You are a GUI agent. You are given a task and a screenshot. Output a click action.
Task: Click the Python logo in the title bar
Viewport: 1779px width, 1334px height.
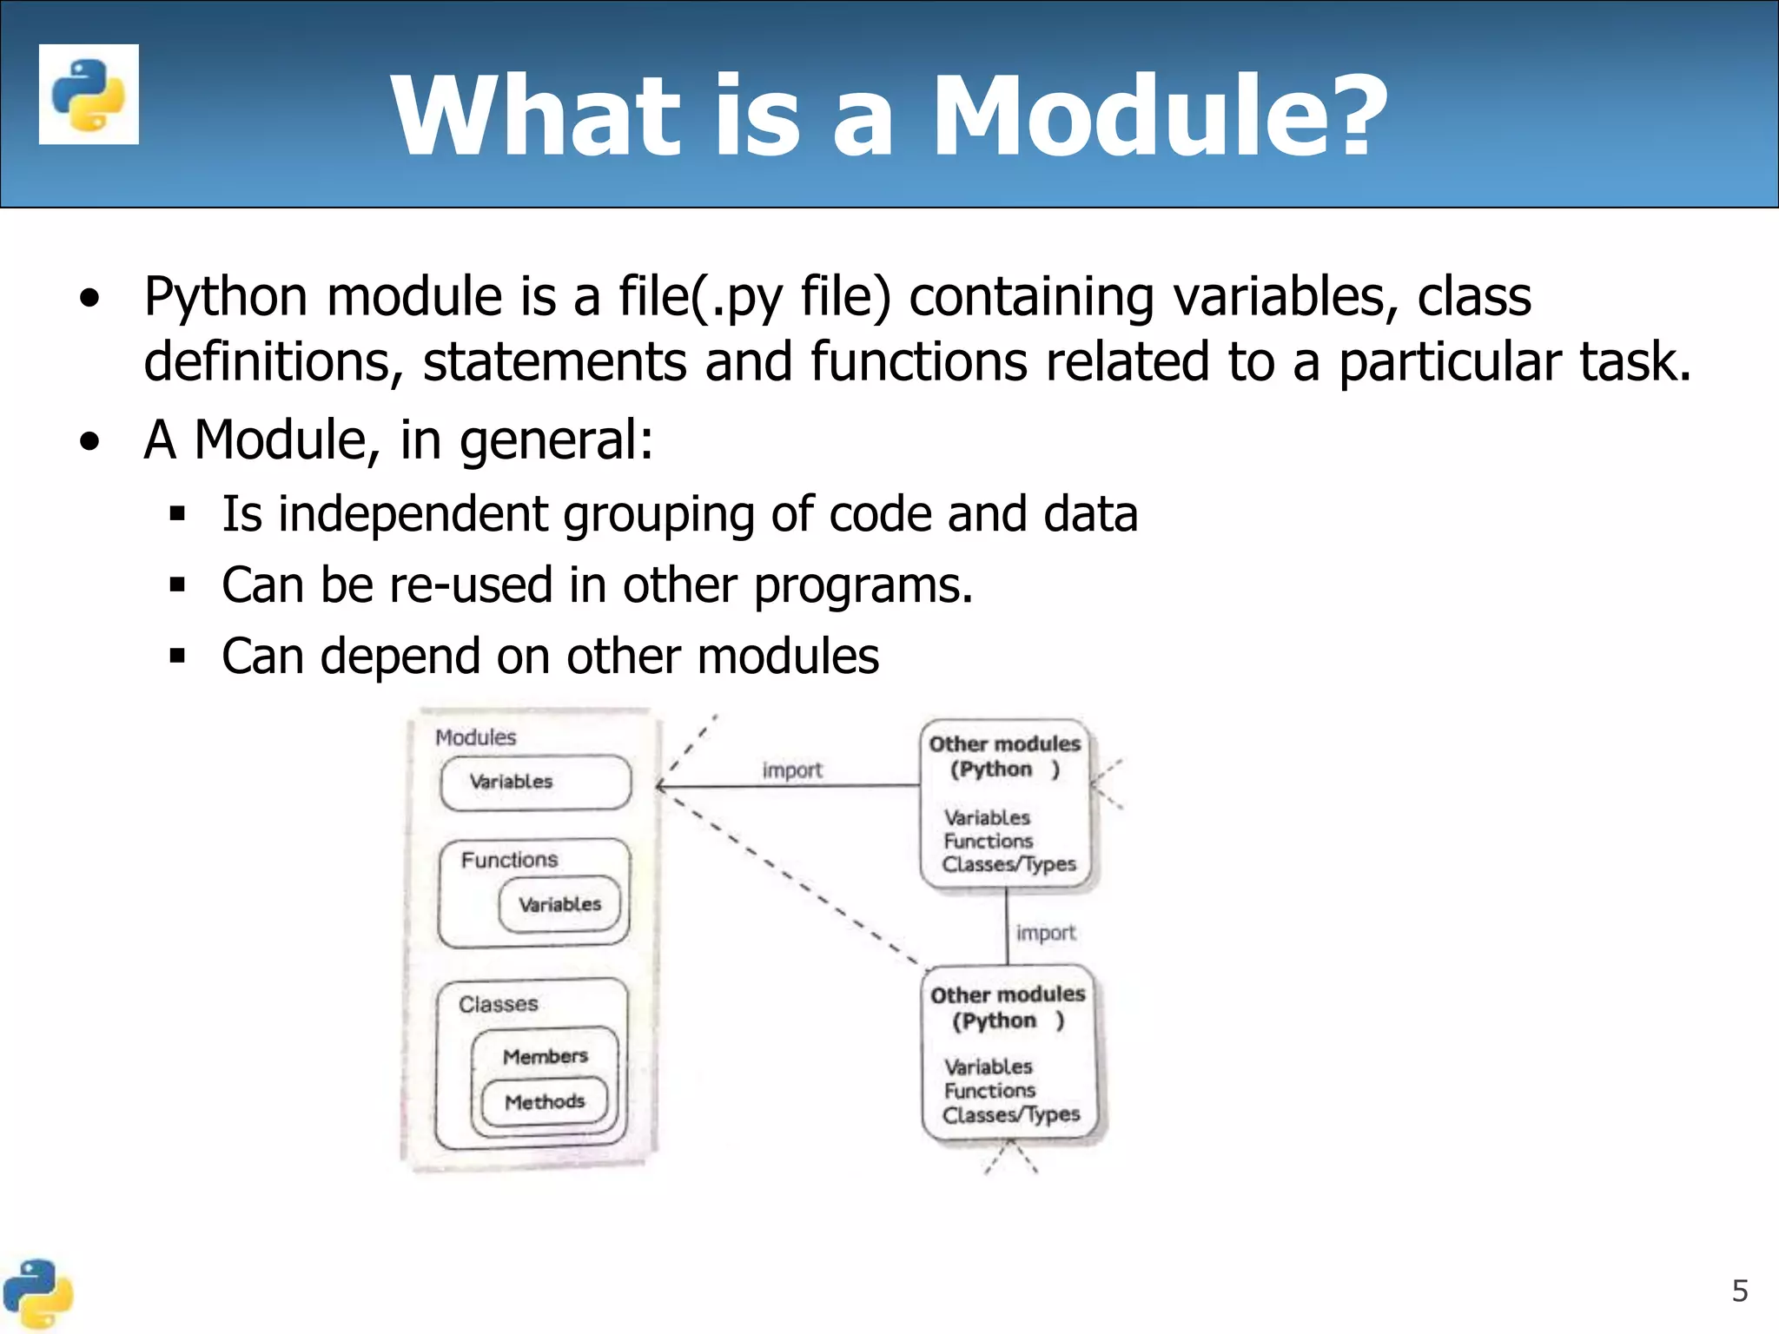(x=89, y=94)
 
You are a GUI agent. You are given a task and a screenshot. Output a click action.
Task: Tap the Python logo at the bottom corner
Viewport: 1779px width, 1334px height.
(x=36, y=1294)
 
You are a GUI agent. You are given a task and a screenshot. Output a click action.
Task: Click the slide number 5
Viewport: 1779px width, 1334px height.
(x=1739, y=1291)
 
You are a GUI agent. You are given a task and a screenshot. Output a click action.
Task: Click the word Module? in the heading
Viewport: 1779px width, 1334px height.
(x=1159, y=116)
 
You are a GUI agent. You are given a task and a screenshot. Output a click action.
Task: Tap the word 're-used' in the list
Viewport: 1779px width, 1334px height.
(x=470, y=585)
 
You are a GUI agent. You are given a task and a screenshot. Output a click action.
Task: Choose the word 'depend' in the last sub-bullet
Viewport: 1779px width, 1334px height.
(x=400, y=657)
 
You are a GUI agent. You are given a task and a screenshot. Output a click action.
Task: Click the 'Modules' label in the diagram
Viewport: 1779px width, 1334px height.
(x=475, y=737)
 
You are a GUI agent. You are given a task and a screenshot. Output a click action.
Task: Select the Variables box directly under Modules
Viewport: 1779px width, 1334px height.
(x=535, y=782)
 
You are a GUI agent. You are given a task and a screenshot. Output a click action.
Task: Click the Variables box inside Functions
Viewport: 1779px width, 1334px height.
(x=560, y=904)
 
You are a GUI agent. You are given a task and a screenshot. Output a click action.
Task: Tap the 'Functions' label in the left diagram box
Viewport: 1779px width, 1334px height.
(x=509, y=860)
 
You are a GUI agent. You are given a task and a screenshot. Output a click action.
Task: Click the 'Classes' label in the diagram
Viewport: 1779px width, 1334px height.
(x=498, y=1004)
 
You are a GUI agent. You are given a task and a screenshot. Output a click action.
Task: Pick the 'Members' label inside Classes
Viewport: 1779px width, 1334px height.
(x=545, y=1056)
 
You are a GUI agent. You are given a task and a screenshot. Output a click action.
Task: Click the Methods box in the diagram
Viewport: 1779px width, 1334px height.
(x=545, y=1101)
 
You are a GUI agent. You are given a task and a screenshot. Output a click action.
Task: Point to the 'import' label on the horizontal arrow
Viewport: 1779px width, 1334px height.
(x=791, y=770)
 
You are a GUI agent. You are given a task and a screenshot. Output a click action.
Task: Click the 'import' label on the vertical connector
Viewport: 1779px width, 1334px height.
(x=1045, y=933)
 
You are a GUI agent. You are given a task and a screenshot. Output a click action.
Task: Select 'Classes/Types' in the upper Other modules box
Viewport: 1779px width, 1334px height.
(x=1009, y=864)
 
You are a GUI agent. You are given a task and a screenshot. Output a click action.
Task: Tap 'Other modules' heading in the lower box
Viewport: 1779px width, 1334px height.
(x=1008, y=994)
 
